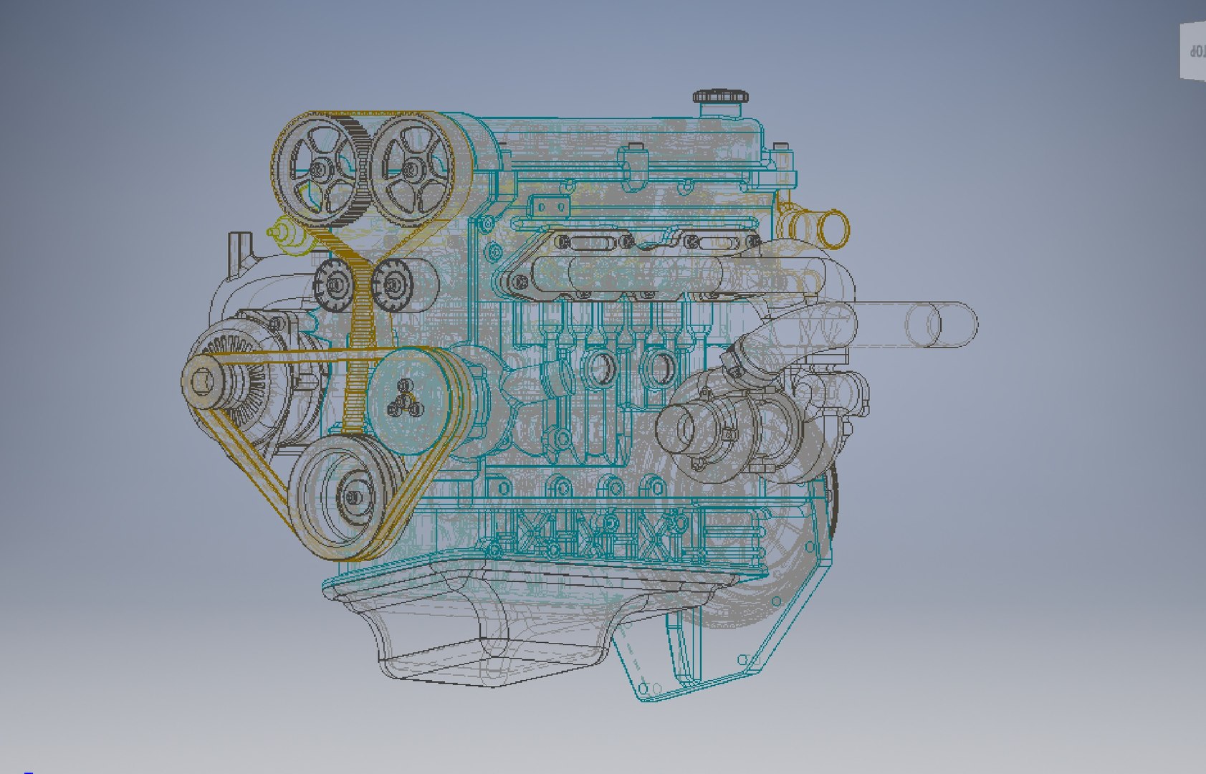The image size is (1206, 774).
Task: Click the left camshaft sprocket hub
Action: (319, 170)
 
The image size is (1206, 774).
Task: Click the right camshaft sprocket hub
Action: (411, 171)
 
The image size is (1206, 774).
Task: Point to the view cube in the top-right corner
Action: (1193, 50)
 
